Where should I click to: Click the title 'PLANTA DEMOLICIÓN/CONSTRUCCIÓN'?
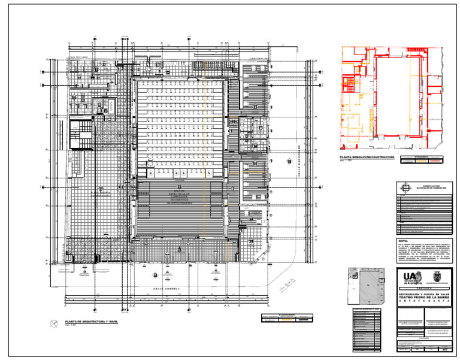click(367, 157)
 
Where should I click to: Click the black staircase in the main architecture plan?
click(80, 134)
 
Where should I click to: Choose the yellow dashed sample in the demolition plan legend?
click(422, 161)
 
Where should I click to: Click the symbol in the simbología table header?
click(405, 187)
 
